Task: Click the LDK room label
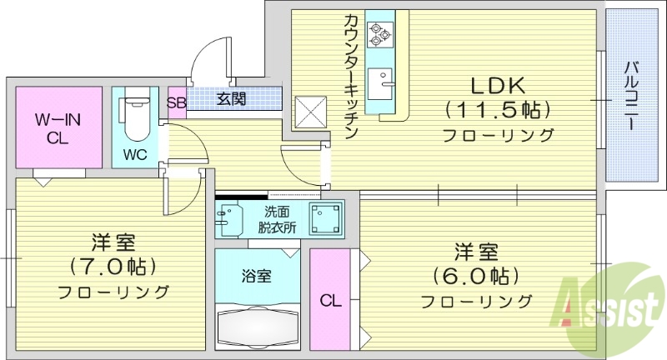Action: (x=497, y=85)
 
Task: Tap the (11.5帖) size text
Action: (x=497, y=109)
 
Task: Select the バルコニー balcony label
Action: (x=631, y=95)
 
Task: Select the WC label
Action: (x=135, y=155)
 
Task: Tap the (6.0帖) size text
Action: (x=476, y=275)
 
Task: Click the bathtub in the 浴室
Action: (x=257, y=325)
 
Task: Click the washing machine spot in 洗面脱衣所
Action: (x=325, y=218)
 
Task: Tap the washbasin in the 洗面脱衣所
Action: (x=227, y=218)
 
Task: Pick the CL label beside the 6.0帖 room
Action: (x=329, y=301)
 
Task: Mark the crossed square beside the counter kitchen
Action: (x=310, y=110)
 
